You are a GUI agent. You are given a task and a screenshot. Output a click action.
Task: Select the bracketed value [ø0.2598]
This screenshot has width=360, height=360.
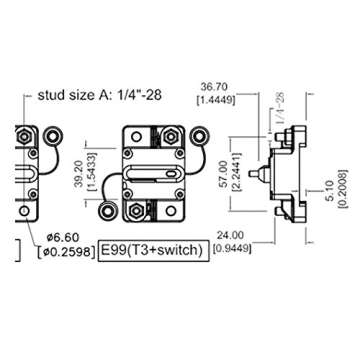[59, 248]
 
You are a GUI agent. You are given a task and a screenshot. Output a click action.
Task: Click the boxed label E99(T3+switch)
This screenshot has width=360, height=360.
[154, 249]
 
